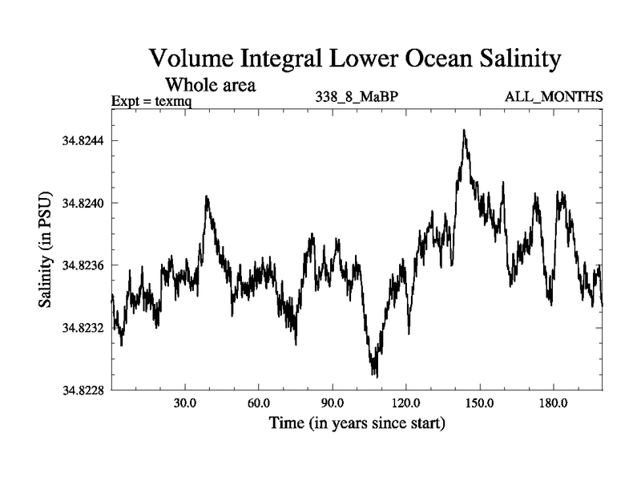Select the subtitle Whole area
pos(210,84)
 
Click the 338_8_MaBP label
pos(356,98)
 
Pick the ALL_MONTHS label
pos(554,98)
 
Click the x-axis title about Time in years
pos(356,422)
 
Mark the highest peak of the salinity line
pos(464,130)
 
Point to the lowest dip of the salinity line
pos(374,375)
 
